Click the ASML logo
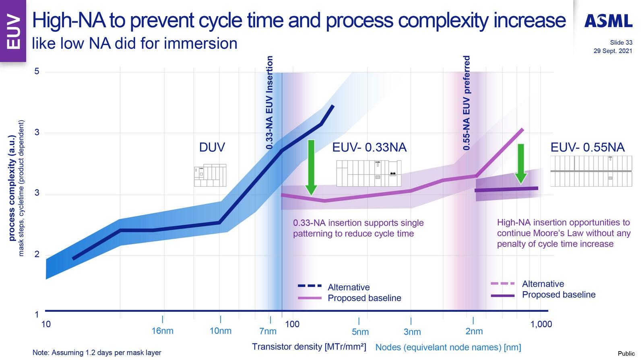pos(608,21)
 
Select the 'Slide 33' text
pos(621,43)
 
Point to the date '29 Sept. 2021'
pos(613,51)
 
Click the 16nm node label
pos(162,331)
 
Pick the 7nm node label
pos(268,331)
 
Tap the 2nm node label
pos(474,331)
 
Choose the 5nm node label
pos(360,332)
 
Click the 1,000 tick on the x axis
pos(541,324)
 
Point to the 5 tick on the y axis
pos(37,71)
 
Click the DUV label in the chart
pos(212,147)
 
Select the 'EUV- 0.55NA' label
pos(587,147)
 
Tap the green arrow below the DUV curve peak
pos(311,167)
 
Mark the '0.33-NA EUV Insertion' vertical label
pos(270,103)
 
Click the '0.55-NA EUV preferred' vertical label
pos(467,103)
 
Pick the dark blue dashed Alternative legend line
pos(310,286)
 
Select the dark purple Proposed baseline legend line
pos(503,296)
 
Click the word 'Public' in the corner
pos(626,354)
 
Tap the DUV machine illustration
pos(210,175)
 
